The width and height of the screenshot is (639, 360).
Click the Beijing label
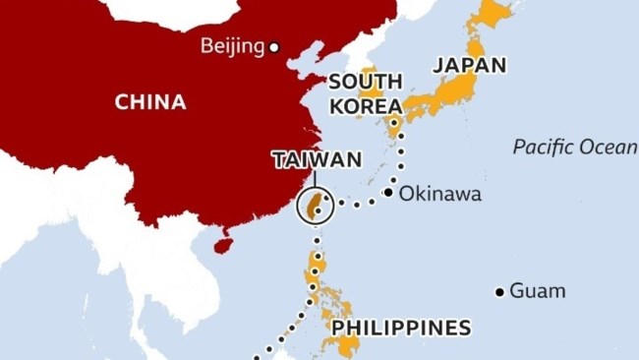point(232,45)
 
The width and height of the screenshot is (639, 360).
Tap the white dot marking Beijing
point(275,46)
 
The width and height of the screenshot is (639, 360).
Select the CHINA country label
point(150,101)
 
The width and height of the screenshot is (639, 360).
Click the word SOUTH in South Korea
point(365,82)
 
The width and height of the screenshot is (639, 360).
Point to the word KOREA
point(365,105)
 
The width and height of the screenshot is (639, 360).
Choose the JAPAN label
point(470,66)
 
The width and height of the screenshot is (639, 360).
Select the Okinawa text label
point(439,194)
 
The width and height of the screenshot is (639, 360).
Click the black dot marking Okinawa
point(388,193)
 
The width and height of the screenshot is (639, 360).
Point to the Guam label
point(537,291)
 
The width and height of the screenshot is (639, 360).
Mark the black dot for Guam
point(499,292)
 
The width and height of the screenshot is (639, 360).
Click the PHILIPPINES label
point(401,327)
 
